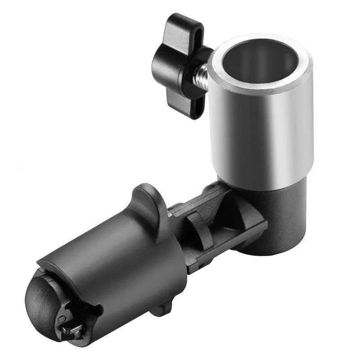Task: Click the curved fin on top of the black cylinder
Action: pos(148,202)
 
